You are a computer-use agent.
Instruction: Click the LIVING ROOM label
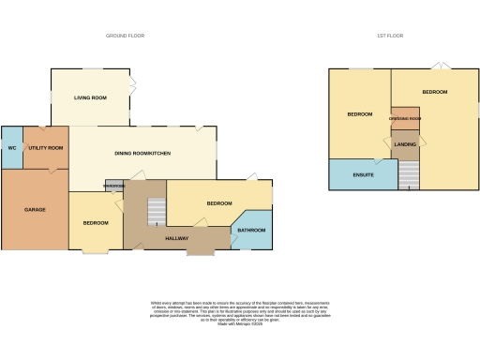tap(91, 97)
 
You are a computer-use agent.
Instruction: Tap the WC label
tap(12, 148)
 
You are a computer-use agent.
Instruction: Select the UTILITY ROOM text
tap(46, 148)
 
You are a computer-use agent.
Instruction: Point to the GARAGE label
tap(35, 209)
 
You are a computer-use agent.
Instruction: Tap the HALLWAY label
tap(177, 239)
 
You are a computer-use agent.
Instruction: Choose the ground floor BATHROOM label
tap(251, 230)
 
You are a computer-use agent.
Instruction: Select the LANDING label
tap(405, 144)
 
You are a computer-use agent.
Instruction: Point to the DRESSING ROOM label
tap(405, 117)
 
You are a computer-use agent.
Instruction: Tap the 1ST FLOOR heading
tap(390, 35)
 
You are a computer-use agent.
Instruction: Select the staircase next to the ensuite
tap(409, 174)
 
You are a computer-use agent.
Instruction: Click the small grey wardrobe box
tap(113, 186)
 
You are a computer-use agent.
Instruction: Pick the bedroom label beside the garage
tap(96, 222)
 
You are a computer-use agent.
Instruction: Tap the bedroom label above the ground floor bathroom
tap(219, 203)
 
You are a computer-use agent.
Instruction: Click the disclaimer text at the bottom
tap(239, 313)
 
